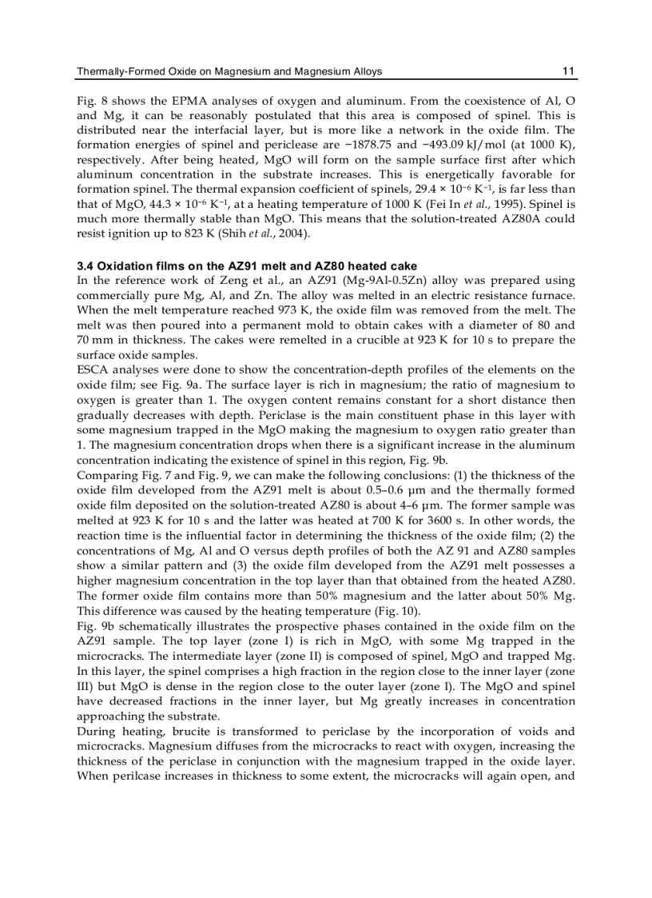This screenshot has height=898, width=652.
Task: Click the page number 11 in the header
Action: pyautogui.click(x=568, y=71)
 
